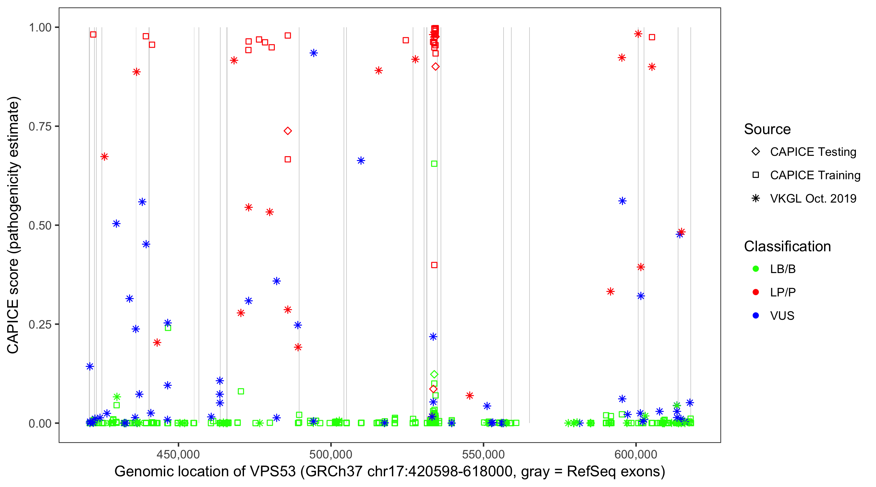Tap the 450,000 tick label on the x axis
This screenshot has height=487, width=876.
178,454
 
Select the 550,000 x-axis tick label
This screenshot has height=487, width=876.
483,454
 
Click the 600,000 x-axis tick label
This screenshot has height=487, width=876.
636,454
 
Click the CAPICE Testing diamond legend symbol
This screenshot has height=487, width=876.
756,151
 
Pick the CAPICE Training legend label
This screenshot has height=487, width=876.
815,175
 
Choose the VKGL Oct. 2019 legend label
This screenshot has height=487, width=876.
813,198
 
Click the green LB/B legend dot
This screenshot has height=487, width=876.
756,269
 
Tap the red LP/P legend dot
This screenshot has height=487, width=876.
756,292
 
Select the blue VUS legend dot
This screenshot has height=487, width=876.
756,316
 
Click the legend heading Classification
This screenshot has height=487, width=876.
787,246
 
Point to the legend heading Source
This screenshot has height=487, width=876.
767,129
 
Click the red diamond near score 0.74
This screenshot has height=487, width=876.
288,131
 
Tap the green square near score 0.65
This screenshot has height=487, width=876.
434,164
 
